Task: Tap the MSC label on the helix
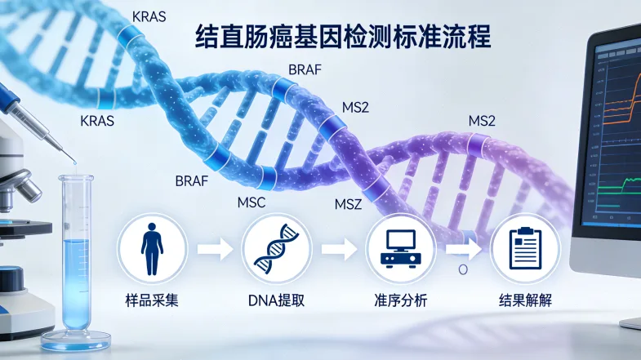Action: click(251, 202)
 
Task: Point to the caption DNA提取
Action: click(276, 300)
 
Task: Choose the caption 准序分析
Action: click(400, 300)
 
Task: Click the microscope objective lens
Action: click(29, 189)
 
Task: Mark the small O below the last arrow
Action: click(462, 268)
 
